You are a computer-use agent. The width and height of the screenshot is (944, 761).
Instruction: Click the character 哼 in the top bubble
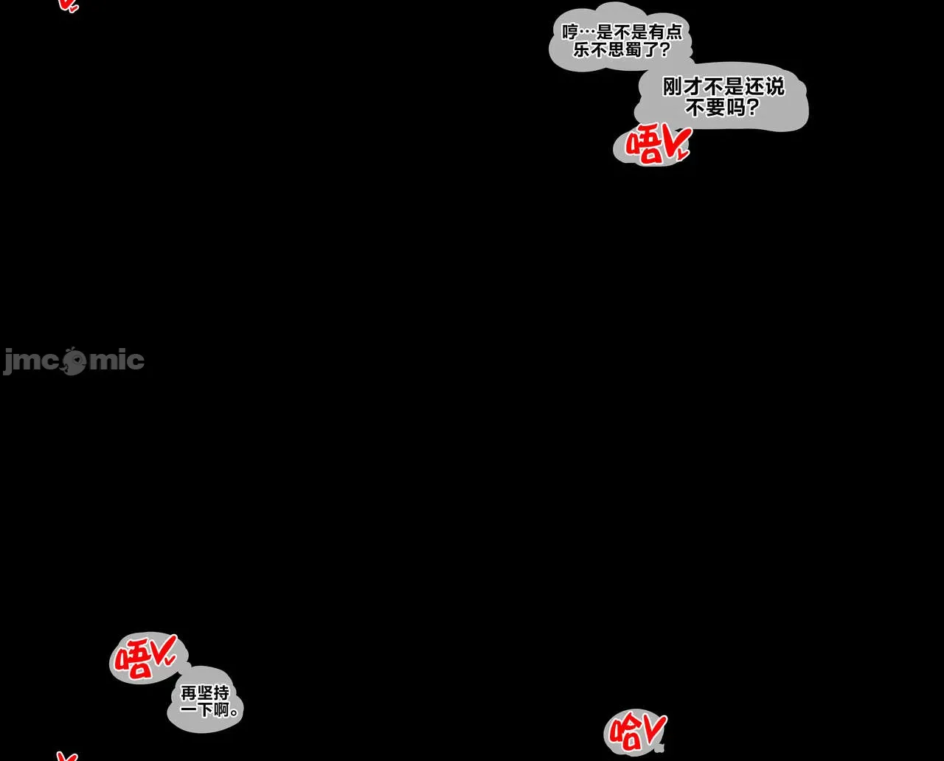click(569, 32)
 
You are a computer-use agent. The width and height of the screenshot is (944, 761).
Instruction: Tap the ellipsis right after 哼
click(586, 32)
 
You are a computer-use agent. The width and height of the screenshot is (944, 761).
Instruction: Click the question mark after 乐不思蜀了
click(664, 51)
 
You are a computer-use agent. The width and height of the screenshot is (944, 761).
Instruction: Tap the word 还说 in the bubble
click(764, 87)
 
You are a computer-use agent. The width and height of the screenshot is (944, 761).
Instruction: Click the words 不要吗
click(715, 108)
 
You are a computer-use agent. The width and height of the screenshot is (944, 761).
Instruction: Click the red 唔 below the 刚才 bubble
click(643, 147)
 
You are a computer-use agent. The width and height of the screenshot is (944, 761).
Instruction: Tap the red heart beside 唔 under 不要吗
click(676, 143)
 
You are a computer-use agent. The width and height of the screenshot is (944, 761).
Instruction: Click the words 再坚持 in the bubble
click(205, 693)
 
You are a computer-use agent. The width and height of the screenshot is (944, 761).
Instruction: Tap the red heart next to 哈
click(654, 729)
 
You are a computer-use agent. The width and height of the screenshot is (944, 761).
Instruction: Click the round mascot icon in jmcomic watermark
click(74, 361)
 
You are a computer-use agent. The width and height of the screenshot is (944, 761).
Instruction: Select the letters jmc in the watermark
click(31, 361)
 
